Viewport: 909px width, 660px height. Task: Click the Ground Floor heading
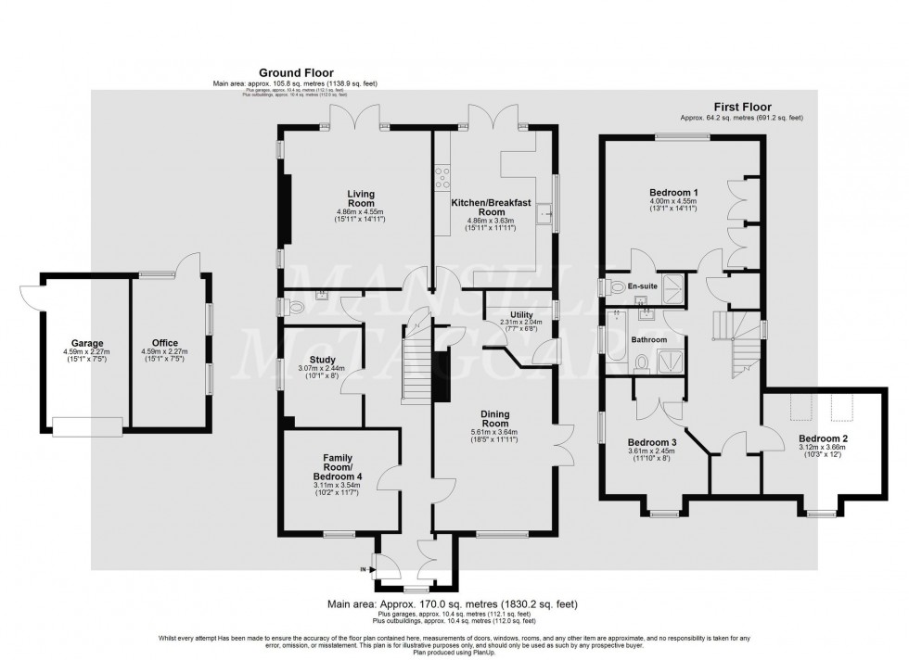(x=296, y=72)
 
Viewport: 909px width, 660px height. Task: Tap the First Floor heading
(x=741, y=108)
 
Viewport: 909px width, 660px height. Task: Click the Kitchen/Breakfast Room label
(x=491, y=207)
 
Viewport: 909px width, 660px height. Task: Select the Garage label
(x=87, y=343)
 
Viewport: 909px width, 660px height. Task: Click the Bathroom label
(x=650, y=340)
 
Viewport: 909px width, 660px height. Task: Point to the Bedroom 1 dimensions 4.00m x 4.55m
(x=674, y=201)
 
